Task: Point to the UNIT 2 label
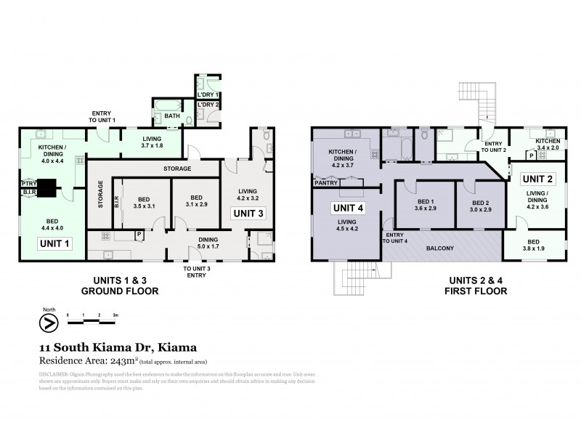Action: [x=538, y=178]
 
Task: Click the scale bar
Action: [x=92, y=318]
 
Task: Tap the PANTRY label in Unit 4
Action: [x=325, y=183]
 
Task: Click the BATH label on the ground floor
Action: [x=171, y=116]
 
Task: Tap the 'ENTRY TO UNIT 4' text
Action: [x=396, y=238]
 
